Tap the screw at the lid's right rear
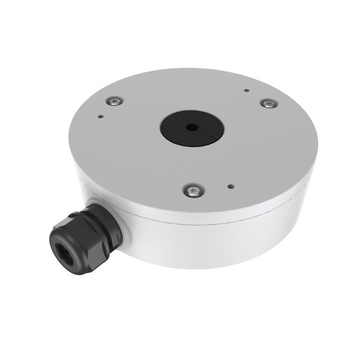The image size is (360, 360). point(267,102)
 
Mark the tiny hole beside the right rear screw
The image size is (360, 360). point(247,90)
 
